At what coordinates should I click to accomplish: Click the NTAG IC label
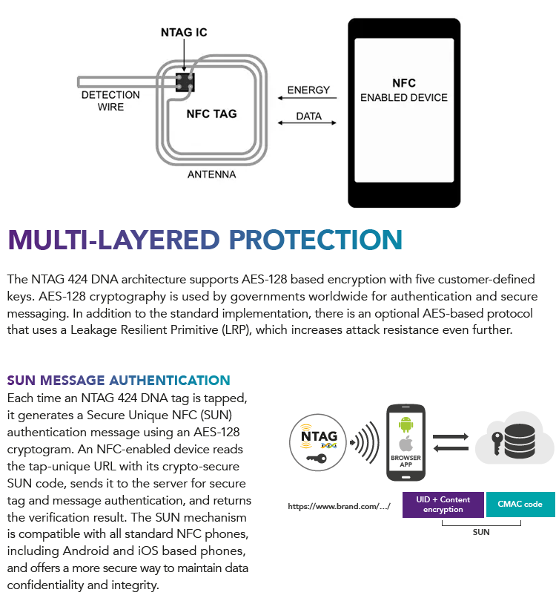pyautogui.click(x=184, y=32)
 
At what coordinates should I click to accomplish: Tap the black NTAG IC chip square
pyautogui.click(x=185, y=82)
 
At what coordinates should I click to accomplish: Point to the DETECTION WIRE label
pyautogui.click(x=110, y=100)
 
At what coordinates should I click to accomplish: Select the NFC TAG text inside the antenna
pyautogui.click(x=211, y=114)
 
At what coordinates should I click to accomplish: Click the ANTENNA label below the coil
pyautogui.click(x=212, y=174)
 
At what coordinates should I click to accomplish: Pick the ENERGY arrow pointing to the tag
pyautogui.click(x=307, y=98)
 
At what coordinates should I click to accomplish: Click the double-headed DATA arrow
pyautogui.click(x=307, y=122)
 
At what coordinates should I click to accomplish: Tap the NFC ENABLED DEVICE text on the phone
pyautogui.click(x=404, y=90)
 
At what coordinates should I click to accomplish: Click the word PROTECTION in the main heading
pyautogui.click(x=316, y=240)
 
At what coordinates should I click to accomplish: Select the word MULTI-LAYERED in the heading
pyautogui.click(x=113, y=240)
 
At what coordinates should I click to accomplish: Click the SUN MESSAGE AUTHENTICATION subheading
pyautogui.click(x=119, y=380)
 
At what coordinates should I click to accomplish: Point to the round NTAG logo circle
pyautogui.click(x=318, y=442)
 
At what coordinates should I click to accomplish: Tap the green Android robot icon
pyautogui.click(x=406, y=424)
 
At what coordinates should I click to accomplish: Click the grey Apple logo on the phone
pyautogui.click(x=406, y=444)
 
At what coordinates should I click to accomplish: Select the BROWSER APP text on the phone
pyautogui.click(x=406, y=461)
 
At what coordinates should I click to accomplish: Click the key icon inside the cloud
pyautogui.click(x=497, y=443)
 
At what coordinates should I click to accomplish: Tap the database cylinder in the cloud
pyautogui.click(x=520, y=441)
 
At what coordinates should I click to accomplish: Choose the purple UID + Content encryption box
pyautogui.click(x=443, y=505)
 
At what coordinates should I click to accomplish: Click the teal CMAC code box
pyautogui.click(x=520, y=505)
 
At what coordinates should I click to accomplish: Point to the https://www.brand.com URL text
pyautogui.click(x=340, y=506)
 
